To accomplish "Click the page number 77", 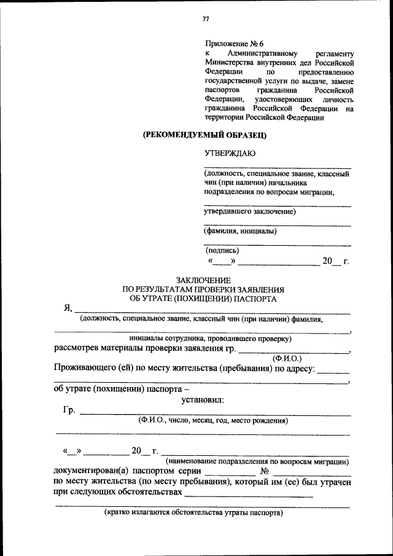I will click(206, 19).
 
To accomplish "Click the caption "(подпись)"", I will click(223, 250).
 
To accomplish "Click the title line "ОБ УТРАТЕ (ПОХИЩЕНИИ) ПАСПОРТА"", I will click(203, 299).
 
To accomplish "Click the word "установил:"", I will click(203, 400).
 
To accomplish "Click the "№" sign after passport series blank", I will click(266, 471).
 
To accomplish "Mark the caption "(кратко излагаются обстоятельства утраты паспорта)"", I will click(193, 512).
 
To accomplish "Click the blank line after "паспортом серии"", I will click(230, 474).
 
